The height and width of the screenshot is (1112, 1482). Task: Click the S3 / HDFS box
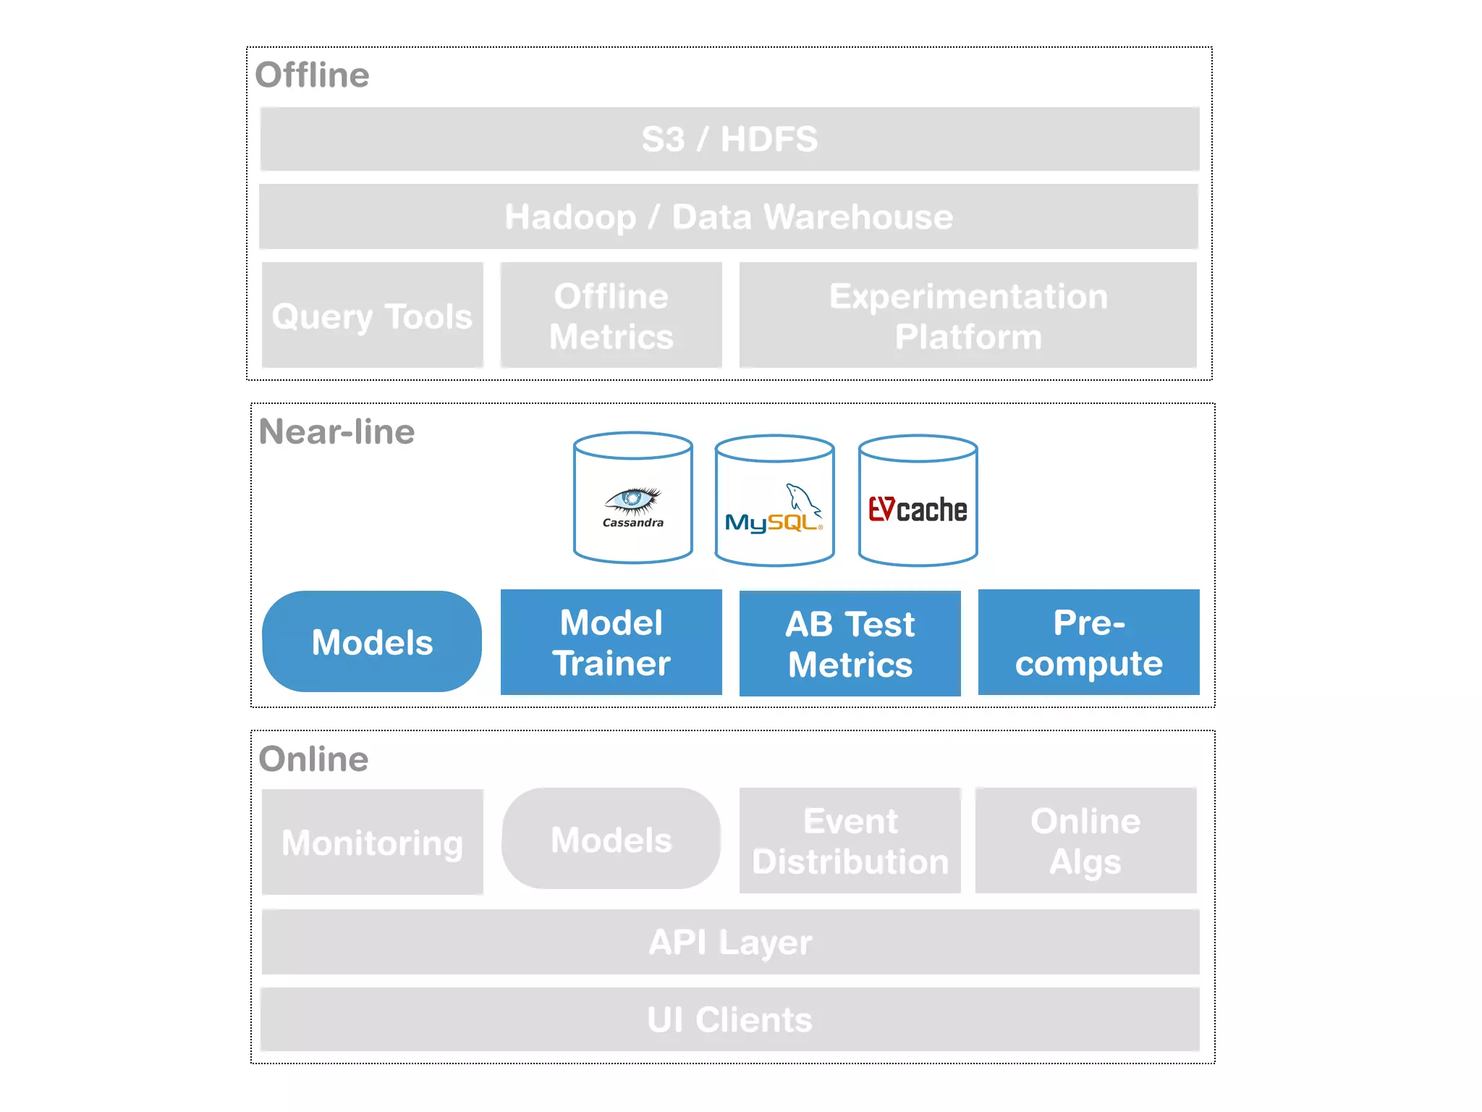[x=729, y=139]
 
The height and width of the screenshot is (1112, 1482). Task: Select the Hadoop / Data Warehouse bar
[x=728, y=216]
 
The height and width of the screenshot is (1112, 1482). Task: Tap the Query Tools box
[x=372, y=316]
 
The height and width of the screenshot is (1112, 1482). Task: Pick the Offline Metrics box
[x=611, y=316]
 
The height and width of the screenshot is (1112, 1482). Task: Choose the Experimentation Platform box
[x=967, y=316]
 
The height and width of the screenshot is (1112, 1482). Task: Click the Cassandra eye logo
[x=632, y=501]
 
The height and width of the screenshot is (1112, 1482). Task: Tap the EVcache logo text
[x=918, y=510]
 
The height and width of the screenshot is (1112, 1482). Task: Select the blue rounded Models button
[x=372, y=641]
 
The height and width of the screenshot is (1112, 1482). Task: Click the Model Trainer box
[x=611, y=642]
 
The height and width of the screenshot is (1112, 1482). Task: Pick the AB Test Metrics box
[x=850, y=644]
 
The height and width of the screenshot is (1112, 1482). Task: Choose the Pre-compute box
[x=1088, y=642]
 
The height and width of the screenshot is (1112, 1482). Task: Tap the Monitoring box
[x=372, y=842]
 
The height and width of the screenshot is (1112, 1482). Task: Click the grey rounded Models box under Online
[x=611, y=839]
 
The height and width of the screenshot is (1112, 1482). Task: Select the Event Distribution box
[x=850, y=841]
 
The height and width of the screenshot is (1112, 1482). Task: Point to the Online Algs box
[x=1085, y=841]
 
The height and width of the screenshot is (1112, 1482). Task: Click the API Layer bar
[x=729, y=942]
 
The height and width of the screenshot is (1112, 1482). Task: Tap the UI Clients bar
[x=729, y=1019]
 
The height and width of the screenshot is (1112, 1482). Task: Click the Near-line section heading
[x=336, y=431]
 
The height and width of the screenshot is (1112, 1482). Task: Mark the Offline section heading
[x=312, y=75]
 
